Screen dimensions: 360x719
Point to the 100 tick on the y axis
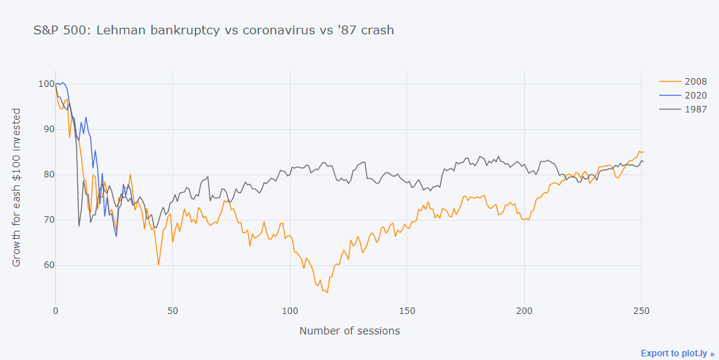pos(45,84)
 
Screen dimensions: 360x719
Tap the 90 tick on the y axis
pos(48,129)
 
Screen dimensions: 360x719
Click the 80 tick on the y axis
pos(48,175)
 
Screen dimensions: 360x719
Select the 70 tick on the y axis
pos(48,220)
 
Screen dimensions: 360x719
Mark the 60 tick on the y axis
pos(48,265)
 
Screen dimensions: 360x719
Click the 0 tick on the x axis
pos(55,310)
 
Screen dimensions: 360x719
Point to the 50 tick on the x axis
pos(173,310)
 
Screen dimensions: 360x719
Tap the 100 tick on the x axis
pos(290,310)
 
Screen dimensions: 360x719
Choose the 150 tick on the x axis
pos(407,310)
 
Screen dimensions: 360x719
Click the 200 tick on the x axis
pos(524,310)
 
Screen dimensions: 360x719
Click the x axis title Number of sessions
pos(350,331)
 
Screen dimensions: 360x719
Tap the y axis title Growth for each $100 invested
pos(17,185)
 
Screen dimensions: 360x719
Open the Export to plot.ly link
pos(677,353)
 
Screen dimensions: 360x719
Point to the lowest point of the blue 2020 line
pos(116,236)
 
